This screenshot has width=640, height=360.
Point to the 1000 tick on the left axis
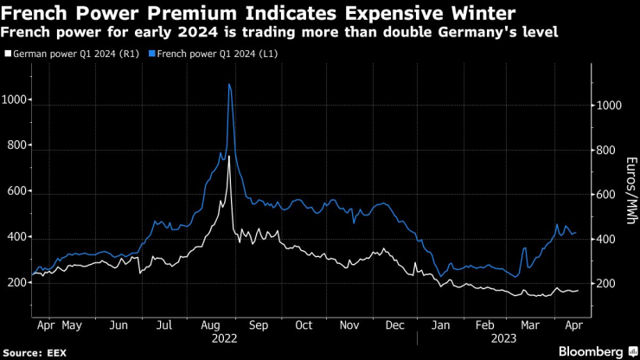coord(15,100)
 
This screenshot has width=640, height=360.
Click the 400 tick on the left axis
coord(15,237)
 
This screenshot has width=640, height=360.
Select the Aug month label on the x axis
coord(208,325)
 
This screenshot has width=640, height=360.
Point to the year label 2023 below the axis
coord(507,340)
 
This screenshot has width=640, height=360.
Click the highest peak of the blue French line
coord(228,84)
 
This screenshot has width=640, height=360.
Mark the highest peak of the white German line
coord(229,161)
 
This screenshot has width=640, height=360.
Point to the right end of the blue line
coord(578,233)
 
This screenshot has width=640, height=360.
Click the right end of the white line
coord(578,291)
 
